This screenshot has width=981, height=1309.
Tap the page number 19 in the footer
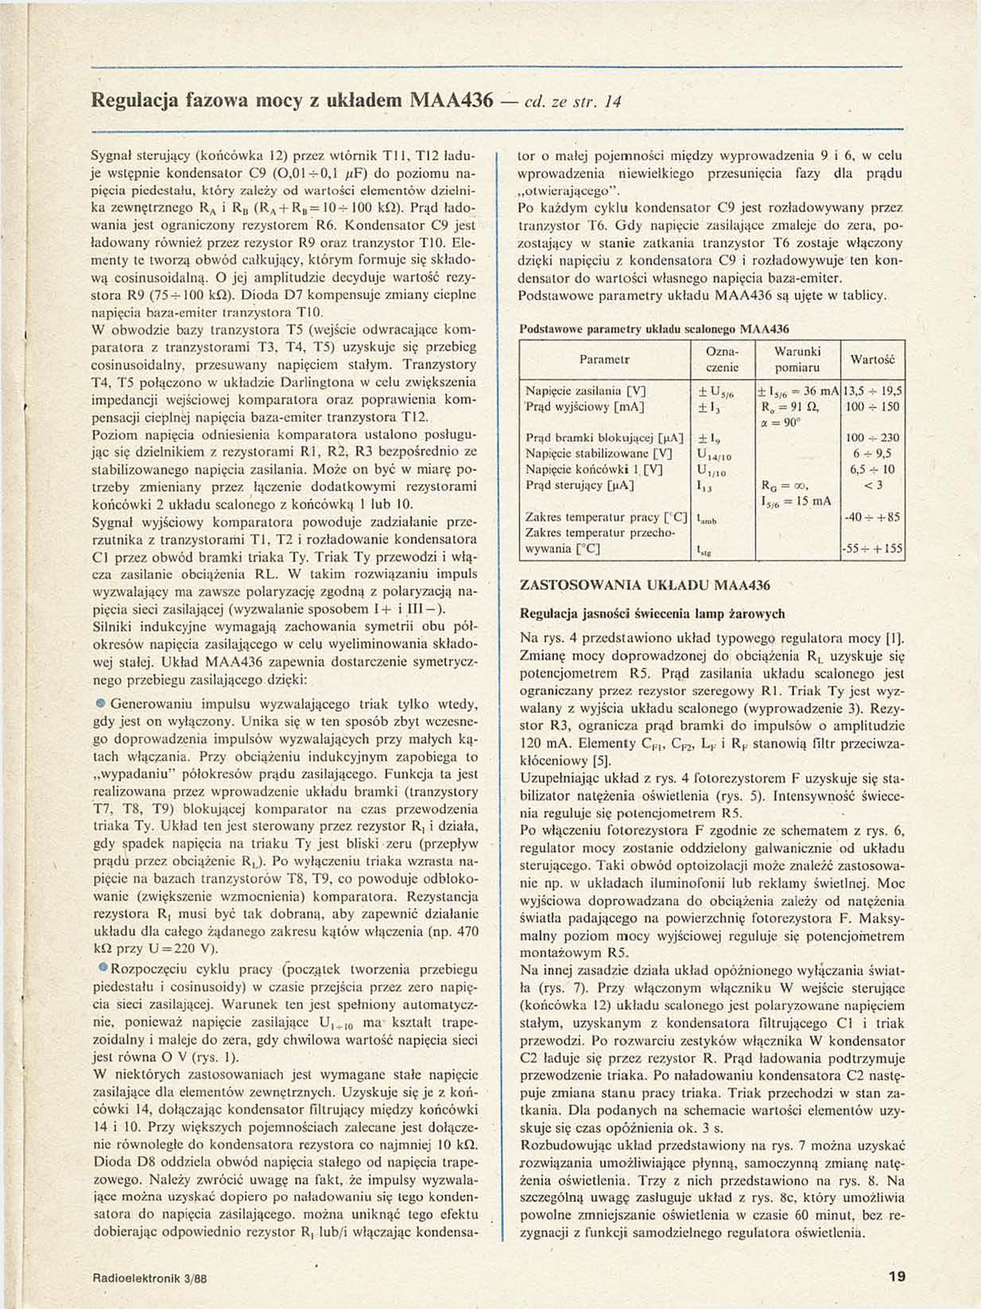tap(897, 1276)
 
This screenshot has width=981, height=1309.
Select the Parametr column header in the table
tap(605, 359)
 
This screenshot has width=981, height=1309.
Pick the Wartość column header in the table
tap(873, 359)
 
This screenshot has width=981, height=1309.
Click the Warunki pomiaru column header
tap(797, 359)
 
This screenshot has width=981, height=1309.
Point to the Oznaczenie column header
tap(722, 359)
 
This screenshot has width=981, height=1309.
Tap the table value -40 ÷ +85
tap(873, 517)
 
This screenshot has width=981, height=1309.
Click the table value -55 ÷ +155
tap(873, 549)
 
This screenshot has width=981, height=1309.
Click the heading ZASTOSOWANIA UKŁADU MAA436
tap(645, 585)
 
